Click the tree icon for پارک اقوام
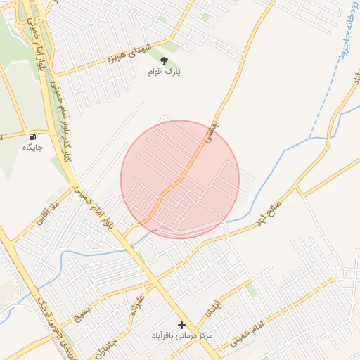click(165, 61)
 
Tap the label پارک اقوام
click(165, 72)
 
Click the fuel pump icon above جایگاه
click(32, 136)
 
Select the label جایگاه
click(33, 147)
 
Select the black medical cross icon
click(182, 325)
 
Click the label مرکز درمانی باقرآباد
click(182, 336)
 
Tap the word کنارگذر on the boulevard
click(69, 141)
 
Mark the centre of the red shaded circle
click(180, 179)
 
